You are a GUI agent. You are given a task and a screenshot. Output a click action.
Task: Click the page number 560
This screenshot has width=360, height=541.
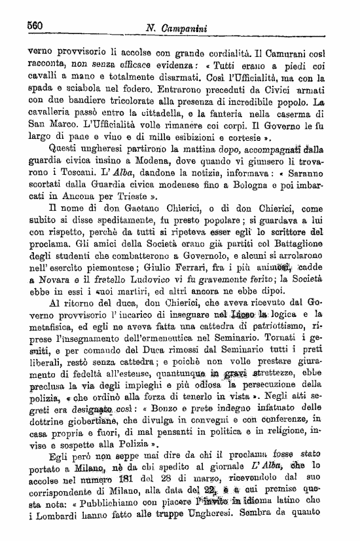[x=35, y=26]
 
